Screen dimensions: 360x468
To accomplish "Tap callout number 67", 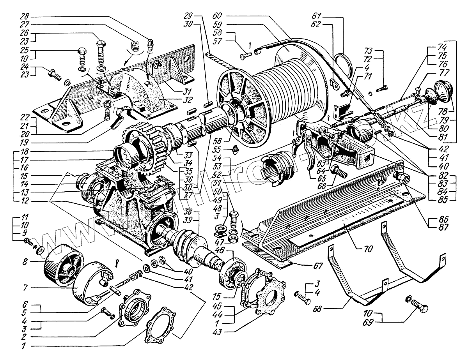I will tap(318, 266).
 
